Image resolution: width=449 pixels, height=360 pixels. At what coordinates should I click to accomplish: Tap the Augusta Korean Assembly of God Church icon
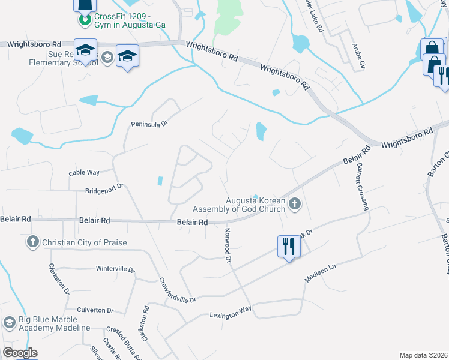294,204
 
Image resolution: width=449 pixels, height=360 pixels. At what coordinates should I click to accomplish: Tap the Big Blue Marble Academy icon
8,323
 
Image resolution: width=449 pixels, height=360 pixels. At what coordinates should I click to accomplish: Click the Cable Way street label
84,172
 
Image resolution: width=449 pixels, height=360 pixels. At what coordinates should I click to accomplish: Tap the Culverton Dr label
95,310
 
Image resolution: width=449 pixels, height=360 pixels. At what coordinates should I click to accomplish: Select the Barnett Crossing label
361,186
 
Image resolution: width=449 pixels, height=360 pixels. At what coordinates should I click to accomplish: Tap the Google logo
20,352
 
